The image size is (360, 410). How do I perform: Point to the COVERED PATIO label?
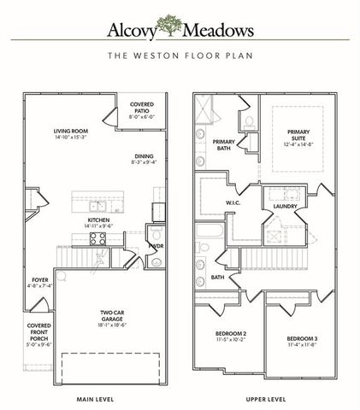point(142,108)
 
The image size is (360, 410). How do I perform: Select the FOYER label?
point(40,280)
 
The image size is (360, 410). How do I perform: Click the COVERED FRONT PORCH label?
point(38,335)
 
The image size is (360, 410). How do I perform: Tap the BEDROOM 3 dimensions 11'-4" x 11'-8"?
point(302,345)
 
